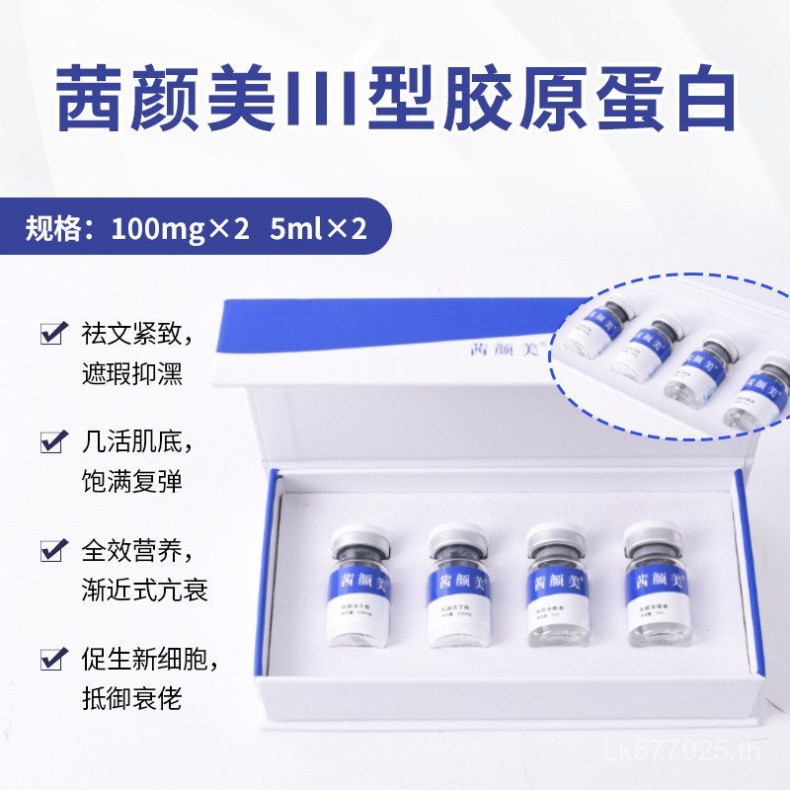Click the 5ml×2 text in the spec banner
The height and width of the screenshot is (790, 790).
(317, 230)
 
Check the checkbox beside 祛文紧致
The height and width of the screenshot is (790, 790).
(51, 334)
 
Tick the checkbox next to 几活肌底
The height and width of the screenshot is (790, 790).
(51, 441)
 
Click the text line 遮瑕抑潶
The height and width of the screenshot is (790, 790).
(132, 375)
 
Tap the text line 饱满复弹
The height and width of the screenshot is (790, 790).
(132, 483)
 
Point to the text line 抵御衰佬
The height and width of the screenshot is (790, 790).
(132, 699)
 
